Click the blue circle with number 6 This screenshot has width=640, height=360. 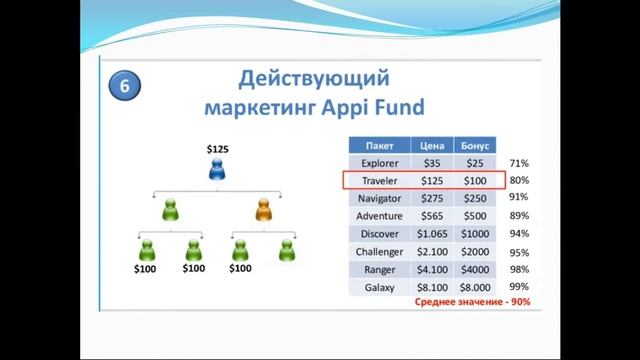tap(124, 86)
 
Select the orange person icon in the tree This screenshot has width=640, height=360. tap(264, 210)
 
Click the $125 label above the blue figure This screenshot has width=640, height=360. tap(218, 149)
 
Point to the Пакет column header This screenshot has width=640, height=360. tap(379, 144)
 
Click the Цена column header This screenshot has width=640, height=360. tap(432, 144)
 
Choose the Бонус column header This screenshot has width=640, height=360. tap(475, 144)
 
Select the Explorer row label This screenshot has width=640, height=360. tap(379, 162)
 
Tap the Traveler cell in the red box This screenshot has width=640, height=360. tap(379, 180)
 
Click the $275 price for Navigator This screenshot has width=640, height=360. tap(432, 198)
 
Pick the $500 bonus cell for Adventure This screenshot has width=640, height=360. tap(475, 215)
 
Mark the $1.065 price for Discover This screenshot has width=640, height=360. tap(432, 234)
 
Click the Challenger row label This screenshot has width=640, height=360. tap(379, 252)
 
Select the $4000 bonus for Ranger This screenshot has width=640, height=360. tap(475, 270)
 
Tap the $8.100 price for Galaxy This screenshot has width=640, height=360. tap(432, 288)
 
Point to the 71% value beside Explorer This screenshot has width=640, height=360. tap(518, 162)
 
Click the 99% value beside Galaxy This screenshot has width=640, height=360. tap(518, 288)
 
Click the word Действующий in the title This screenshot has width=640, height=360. tap(314, 78)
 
